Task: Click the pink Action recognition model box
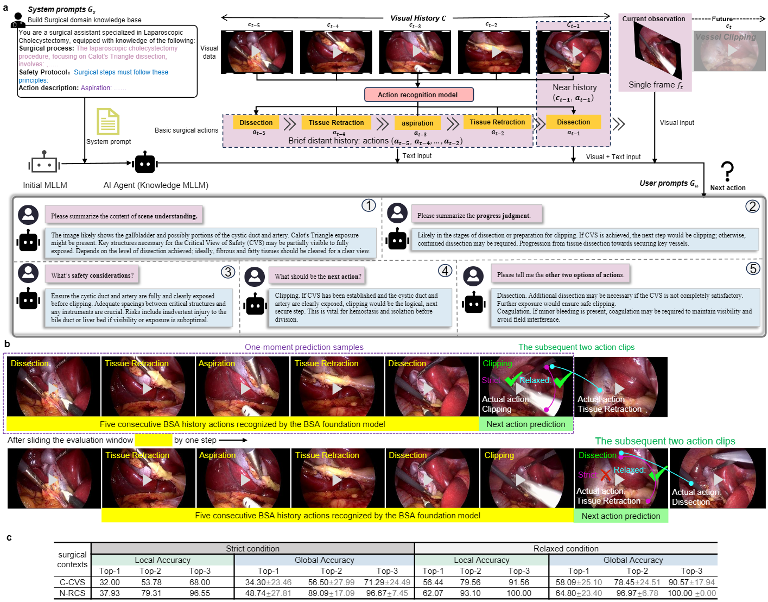(x=418, y=95)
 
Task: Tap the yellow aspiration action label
(x=417, y=123)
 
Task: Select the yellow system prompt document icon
(x=108, y=122)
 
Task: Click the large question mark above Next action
(x=727, y=171)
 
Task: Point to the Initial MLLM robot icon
(x=44, y=163)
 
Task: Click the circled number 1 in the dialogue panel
(x=369, y=205)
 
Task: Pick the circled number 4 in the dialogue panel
(x=445, y=271)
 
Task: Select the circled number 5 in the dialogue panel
(x=753, y=268)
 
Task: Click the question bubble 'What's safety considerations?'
(x=92, y=275)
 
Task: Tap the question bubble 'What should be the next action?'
(x=318, y=277)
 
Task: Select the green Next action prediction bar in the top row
(x=525, y=424)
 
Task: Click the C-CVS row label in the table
(x=72, y=582)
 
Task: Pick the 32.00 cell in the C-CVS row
(x=110, y=582)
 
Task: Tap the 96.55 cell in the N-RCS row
(x=200, y=593)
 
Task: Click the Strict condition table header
(x=252, y=549)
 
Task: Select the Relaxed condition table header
(x=566, y=549)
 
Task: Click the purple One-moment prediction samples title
(x=304, y=347)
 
